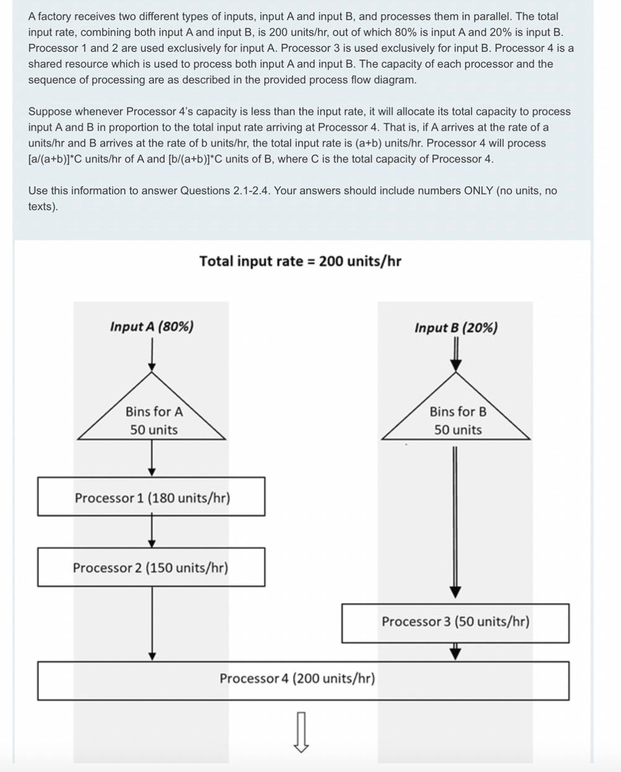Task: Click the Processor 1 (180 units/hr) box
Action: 151,497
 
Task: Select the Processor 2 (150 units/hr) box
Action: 151,567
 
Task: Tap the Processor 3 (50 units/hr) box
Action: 455,623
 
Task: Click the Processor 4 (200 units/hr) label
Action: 297,678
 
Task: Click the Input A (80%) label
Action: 152,327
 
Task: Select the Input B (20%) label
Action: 456,328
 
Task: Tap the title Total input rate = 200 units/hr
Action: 300,261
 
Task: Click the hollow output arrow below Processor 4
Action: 301,731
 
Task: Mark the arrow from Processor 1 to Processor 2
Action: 152,532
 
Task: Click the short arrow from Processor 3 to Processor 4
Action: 456,651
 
